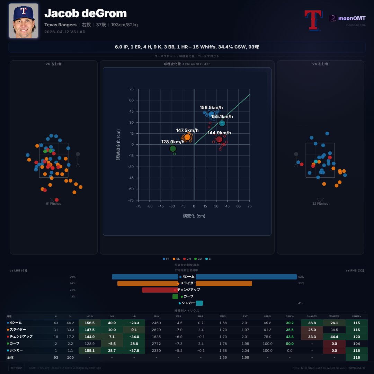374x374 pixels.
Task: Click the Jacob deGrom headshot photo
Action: coord(23,21)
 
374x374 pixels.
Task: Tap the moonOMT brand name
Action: coord(351,18)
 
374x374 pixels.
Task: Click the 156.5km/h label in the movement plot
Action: coord(211,107)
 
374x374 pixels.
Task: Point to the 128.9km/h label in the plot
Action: coord(173,142)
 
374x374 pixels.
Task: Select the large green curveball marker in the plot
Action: coord(173,149)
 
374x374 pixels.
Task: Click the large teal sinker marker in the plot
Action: coord(222,123)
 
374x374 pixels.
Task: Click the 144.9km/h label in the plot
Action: coord(219,133)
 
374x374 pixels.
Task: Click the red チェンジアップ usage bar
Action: coord(160,290)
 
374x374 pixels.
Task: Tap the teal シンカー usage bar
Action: coord(199,303)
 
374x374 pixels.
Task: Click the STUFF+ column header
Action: coord(356,316)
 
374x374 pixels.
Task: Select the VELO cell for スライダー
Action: coord(90,329)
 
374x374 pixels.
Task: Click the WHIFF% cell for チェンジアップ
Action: coord(334,336)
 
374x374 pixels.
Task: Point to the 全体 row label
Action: coord(10,357)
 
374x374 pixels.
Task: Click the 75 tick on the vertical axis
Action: coord(131,89)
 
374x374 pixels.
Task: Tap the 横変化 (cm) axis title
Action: coord(194,216)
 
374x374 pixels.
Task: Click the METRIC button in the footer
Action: coord(17,368)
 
